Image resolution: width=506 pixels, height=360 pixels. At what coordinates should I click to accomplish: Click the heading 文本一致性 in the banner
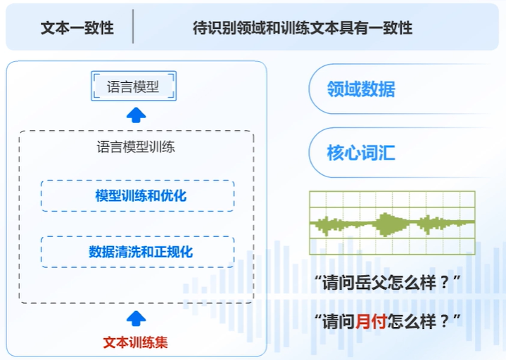coord(77,28)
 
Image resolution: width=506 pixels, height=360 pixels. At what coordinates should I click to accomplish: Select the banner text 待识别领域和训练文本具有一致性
coord(303,28)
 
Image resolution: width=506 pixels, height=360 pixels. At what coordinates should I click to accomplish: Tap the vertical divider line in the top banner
coord(133,28)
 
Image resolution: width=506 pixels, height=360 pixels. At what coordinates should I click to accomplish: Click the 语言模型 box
coord(134,86)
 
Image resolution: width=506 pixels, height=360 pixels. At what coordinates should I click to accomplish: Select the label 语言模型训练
coord(136,148)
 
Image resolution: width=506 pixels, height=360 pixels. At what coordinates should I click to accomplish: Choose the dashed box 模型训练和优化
coord(137,195)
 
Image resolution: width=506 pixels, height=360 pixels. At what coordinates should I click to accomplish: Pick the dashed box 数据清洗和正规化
coord(137,251)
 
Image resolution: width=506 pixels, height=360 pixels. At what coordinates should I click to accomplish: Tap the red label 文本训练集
coord(136,342)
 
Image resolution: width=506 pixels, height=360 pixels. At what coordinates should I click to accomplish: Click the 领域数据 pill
coord(361,89)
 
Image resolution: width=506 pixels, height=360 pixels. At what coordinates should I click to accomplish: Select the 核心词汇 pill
coord(361,153)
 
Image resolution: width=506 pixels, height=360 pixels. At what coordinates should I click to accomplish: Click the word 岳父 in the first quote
coord(370,284)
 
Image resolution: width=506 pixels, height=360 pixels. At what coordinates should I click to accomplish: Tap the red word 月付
coord(370,321)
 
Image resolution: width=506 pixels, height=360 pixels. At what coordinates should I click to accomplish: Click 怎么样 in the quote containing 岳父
coord(412,284)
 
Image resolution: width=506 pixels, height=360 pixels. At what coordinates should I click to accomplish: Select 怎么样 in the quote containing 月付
coord(412,321)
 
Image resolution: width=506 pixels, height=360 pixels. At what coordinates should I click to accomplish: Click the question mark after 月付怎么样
coord(444,321)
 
